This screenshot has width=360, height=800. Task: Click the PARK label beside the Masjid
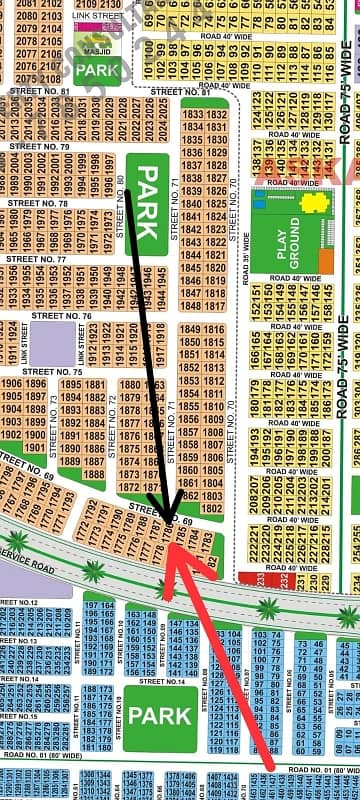[x=98, y=70]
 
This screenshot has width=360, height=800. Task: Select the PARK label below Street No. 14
[x=159, y=717]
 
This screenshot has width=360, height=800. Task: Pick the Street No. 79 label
[x=39, y=147]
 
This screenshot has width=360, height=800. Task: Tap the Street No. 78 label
[x=38, y=203]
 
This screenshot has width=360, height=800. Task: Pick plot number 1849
[x=187, y=330]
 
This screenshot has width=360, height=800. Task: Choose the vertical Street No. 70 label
[x=231, y=195]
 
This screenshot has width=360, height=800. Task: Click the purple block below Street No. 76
[x=51, y=344]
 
